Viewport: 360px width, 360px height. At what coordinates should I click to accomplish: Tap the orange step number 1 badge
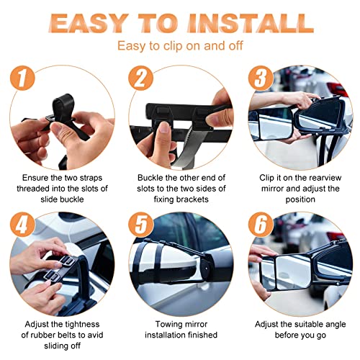tap(24, 78)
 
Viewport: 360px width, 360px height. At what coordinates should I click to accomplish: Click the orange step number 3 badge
tap(260, 78)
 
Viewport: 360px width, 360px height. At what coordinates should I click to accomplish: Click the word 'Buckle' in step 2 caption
tap(152, 176)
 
